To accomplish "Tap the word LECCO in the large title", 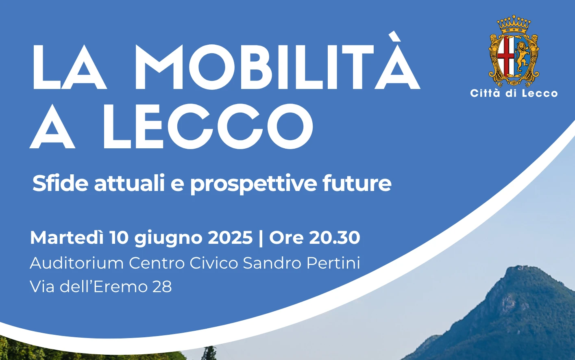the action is click(208, 126).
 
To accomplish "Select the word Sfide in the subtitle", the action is click(60, 183).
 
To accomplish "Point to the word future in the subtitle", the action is click(357, 183).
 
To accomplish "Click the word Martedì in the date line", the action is click(67, 237).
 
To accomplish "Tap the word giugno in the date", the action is click(168, 239).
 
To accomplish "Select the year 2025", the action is click(230, 238).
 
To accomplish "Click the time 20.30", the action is click(335, 238).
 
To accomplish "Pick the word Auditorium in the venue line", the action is click(77, 263).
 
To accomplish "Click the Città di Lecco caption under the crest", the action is click(514, 93).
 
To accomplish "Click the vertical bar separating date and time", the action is click(261, 238).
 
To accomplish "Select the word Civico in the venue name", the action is click(214, 263).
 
